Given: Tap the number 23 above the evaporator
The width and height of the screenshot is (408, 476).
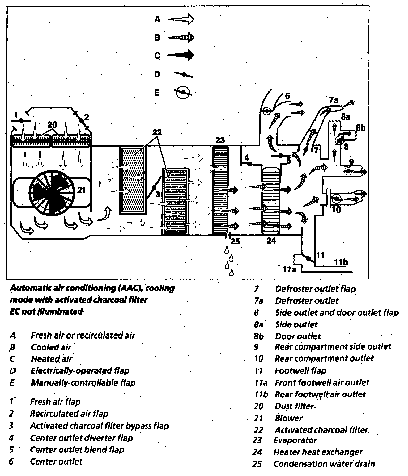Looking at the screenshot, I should (x=220, y=140).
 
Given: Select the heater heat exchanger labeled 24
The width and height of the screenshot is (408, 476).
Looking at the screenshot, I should (x=271, y=201).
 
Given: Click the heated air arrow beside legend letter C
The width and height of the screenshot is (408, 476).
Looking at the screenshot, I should (x=181, y=55).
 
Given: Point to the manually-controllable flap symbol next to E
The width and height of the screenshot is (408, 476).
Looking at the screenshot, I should (x=183, y=92).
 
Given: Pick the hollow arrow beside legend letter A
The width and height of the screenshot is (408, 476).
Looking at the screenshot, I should (x=181, y=19).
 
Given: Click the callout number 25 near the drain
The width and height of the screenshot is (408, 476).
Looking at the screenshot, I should (x=235, y=241).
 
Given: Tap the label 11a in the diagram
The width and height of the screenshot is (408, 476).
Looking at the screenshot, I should (x=290, y=269).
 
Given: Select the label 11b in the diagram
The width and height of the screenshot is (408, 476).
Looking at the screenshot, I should (x=341, y=262).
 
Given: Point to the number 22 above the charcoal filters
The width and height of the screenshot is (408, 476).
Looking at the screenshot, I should (x=157, y=132).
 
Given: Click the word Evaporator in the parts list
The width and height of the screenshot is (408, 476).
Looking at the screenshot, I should (x=295, y=440).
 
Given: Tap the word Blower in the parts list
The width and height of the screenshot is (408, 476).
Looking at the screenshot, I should (x=288, y=418).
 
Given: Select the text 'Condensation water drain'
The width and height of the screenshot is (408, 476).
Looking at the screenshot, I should (x=324, y=464).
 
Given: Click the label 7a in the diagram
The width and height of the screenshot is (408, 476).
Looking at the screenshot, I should (x=334, y=101).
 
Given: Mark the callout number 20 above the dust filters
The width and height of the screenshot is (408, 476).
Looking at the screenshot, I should (x=52, y=125).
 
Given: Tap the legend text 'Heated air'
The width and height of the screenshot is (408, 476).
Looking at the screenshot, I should (x=52, y=359).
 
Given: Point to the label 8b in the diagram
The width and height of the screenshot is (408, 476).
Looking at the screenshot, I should (x=360, y=128).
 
